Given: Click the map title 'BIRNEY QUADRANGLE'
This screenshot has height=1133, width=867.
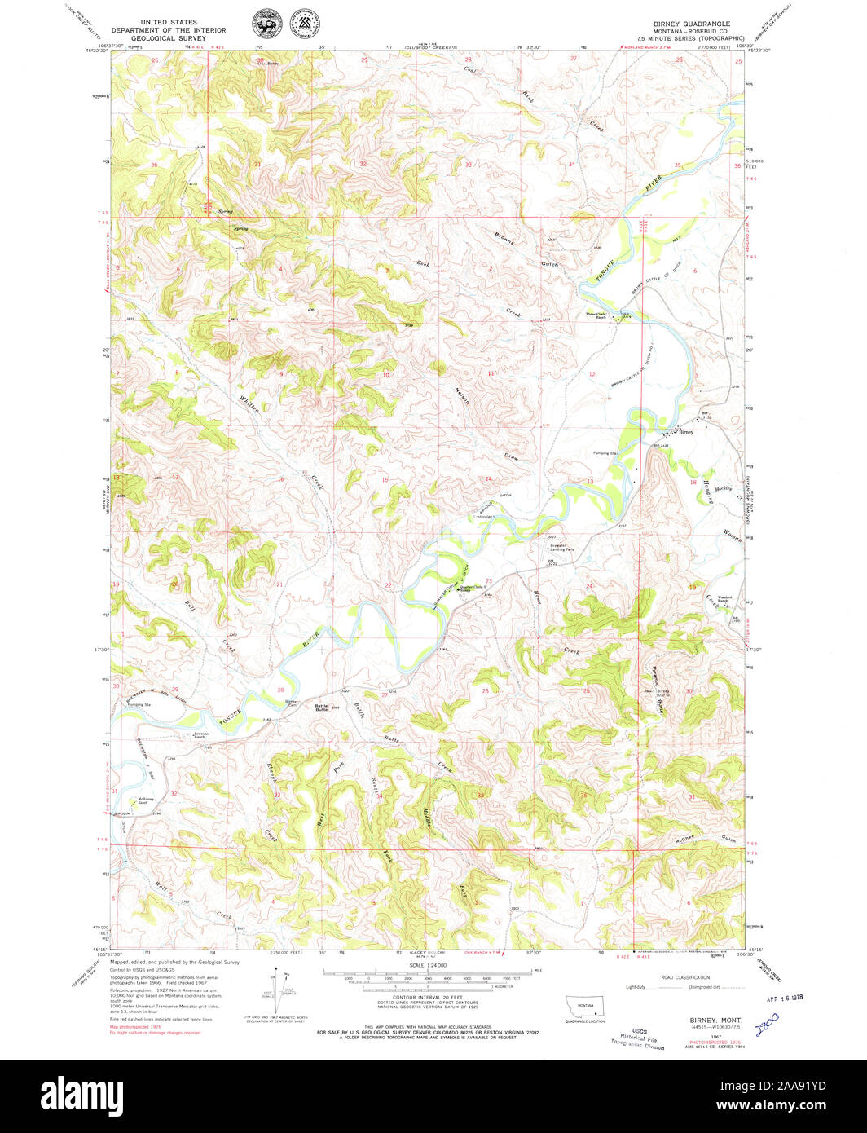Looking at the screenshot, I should click(691, 24).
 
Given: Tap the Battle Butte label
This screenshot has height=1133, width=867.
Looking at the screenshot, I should click(322, 708).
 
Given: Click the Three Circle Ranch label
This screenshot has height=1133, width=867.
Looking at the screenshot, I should click(595, 316).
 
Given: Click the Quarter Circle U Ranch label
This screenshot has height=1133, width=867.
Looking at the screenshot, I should click(472, 588).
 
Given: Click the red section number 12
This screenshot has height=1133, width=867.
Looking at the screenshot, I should click(592, 373).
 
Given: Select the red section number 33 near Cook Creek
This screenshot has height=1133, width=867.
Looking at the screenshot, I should click(468, 165).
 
